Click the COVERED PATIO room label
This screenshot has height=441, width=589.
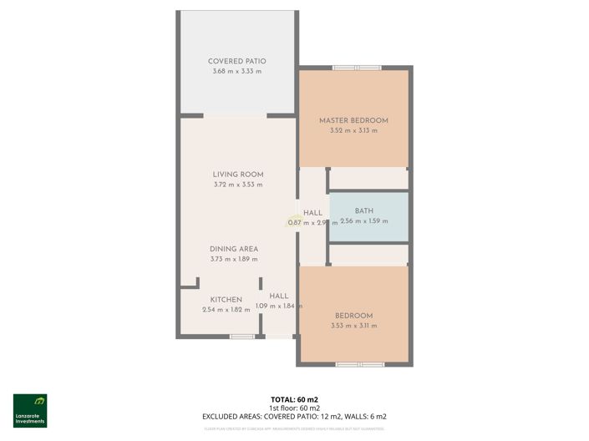click(x=237, y=61)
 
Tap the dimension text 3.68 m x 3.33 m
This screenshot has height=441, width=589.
click(x=237, y=72)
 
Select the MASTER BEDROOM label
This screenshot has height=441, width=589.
click(x=353, y=120)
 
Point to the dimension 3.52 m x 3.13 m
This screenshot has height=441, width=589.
click(x=353, y=131)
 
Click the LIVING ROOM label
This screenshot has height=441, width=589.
click(x=238, y=175)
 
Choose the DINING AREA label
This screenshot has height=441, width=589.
click(x=234, y=249)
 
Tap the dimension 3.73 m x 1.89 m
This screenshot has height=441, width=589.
click(x=234, y=260)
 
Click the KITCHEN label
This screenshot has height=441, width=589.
click(x=226, y=299)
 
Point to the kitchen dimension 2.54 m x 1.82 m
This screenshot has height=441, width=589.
click(x=226, y=310)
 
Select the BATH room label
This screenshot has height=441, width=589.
click(x=364, y=210)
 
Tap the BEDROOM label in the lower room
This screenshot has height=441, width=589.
click(x=353, y=315)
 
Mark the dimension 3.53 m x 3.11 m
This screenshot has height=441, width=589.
click(x=353, y=326)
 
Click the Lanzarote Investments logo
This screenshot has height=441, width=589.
click(x=30, y=410)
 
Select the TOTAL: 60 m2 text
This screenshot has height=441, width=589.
click(x=294, y=399)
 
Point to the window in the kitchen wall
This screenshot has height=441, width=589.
click(x=242, y=337)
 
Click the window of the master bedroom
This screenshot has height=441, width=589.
click(x=356, y=68)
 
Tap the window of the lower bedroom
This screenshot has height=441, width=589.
click(x=360, y=364)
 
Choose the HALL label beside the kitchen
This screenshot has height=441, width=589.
click(x=279, y=296)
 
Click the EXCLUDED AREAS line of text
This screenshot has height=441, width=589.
click(x=294, y=416)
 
